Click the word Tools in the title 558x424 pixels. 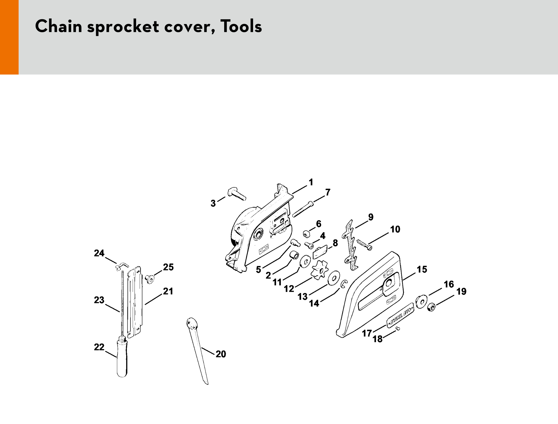tap(241, 27)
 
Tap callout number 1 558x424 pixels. tap(311, 182)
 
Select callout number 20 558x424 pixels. tap(221, 354)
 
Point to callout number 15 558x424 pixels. tap(422, 269)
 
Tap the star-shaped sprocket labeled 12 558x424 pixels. tap(319, 269)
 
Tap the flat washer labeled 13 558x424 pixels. tap(334, 278)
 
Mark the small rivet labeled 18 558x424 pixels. tap(398, 328)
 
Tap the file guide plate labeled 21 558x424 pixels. tap(136, 302)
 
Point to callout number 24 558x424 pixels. tap(99, 253)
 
